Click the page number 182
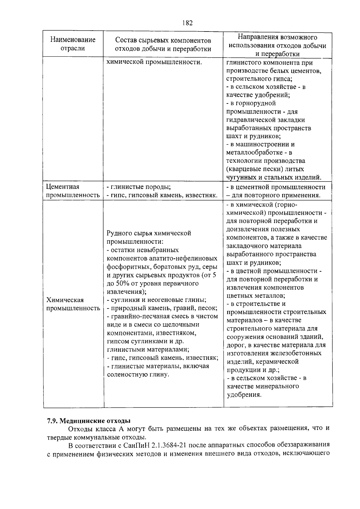tap(187, 23)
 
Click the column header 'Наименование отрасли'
tap(73, 44)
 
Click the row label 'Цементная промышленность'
tap(73, 191)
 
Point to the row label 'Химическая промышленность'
tap(73, 304)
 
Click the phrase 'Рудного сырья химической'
tap(149, 233)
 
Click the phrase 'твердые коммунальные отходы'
tap(96, 437)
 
